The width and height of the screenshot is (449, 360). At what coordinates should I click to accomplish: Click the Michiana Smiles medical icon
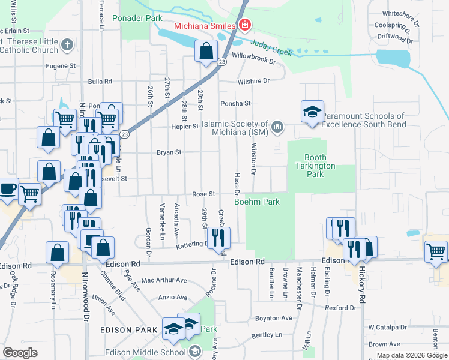tap(244, 25)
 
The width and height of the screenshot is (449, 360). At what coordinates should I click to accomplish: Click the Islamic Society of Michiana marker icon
tap(277, 126)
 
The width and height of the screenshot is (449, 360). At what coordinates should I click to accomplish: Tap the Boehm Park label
tap(256, 202)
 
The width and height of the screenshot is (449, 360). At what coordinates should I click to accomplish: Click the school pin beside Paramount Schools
tap(312, 112)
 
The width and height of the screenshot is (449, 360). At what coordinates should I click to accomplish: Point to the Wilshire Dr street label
tap(253, 80)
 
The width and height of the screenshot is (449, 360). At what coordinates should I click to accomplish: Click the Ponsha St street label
tap(235, 103)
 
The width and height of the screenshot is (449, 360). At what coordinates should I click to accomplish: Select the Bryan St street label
tap(169, 152)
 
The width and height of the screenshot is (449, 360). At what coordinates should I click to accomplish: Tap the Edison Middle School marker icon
tap(195, 351)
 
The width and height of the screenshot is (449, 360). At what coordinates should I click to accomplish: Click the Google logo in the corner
tap(20, 353)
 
